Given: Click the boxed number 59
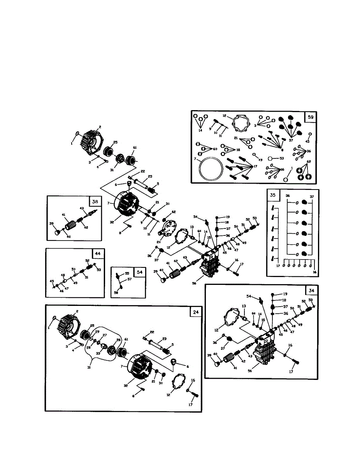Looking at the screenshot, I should pyautogui.click(x=310, y=116).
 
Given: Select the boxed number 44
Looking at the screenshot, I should pyautogui.click(x=98, y=254).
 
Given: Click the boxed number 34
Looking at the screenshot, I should pyautogui.click(x=311, y=290).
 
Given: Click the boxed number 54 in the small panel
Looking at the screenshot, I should pyautogui.click(x=139, y=272).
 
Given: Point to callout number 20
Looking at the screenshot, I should pyautogui.click(x=158, y=242).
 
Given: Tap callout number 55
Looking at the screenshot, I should pyautogui.click(x=127, y=274).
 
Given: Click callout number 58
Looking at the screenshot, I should pyautogui.click(x=116, y=292).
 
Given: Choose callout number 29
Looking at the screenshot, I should pyautogui.click(x=97, y=332).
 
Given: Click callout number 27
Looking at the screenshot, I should pyautogui.click(x=104, y=335).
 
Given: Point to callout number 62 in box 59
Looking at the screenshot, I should pyautogui.click(x=309, y=161).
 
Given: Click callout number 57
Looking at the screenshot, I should pyautogui.click(x=130, y=279).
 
